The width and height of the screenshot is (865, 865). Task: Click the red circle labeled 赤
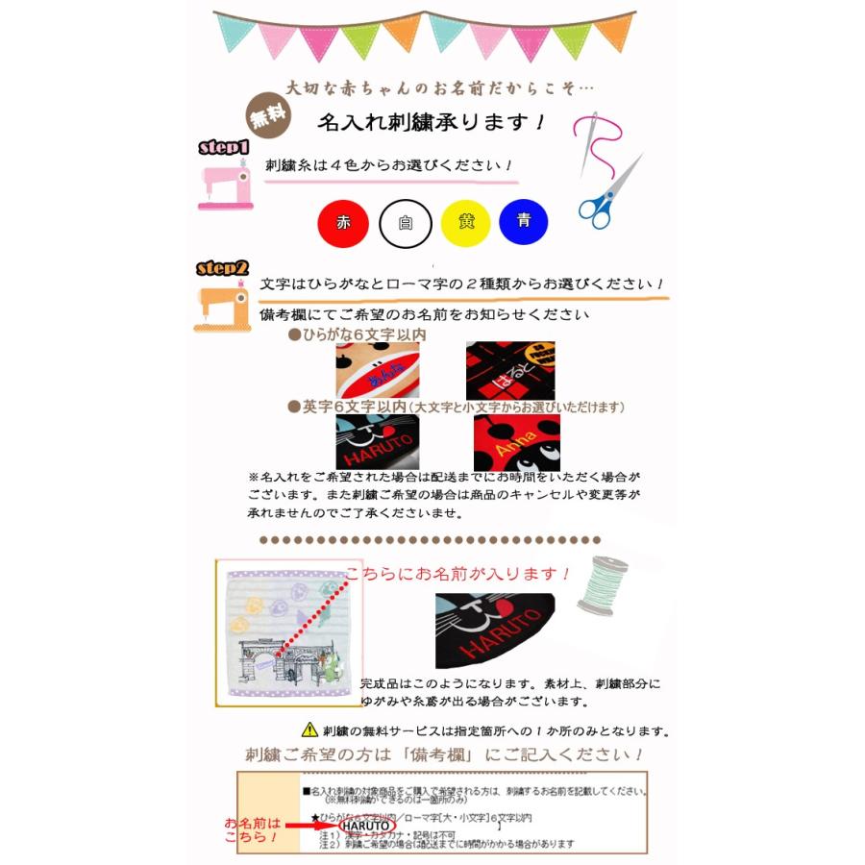coord(342,223)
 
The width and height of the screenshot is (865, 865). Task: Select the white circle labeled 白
coord(405,223)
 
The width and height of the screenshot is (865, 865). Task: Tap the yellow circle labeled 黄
coord(466,223)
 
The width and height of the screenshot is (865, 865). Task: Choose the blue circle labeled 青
coord(524,222)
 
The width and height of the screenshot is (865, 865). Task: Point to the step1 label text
coord(224,147)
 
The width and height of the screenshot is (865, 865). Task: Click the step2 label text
coord(223,268)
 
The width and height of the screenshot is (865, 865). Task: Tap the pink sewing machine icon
coord(224,185)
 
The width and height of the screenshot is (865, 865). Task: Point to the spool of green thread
coord(603,586)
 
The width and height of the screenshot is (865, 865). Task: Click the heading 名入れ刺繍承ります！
coord(432,122)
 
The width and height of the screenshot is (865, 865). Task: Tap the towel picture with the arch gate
coord(287,632)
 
